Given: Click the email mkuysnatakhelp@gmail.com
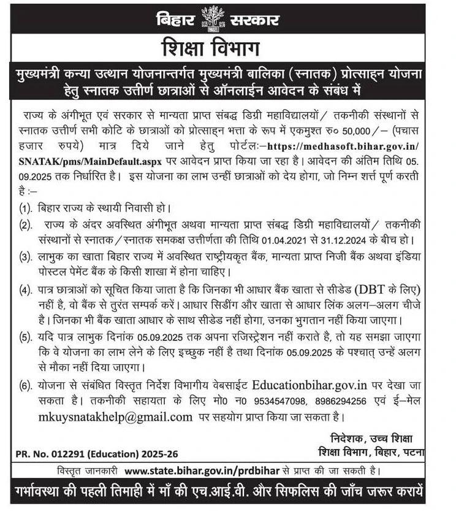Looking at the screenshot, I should coord(105,417).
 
